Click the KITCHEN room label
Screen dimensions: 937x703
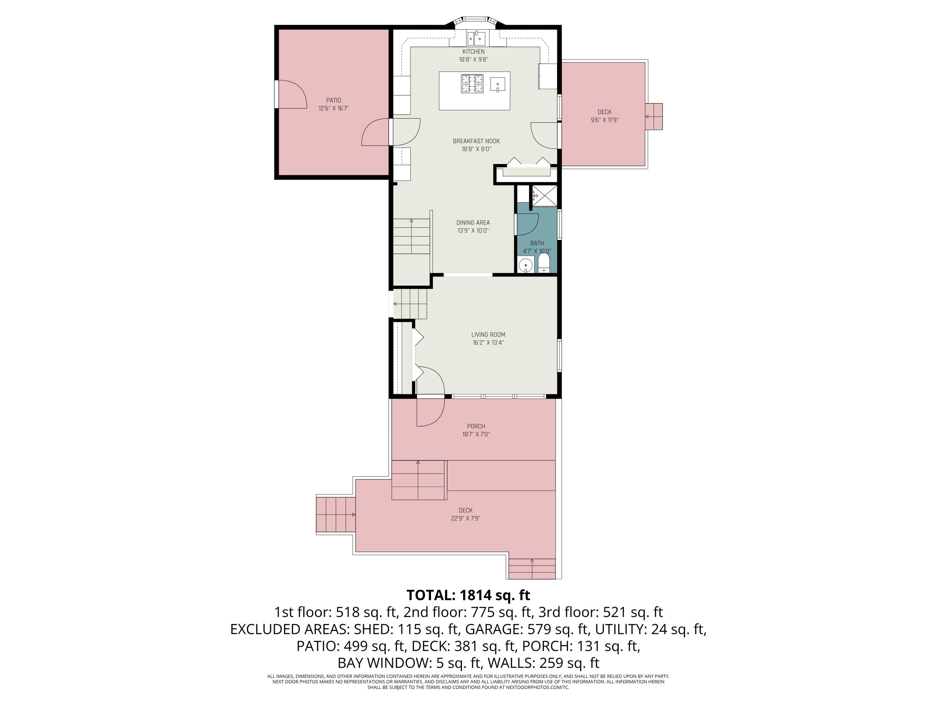(473, 52)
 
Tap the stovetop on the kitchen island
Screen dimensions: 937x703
(472, 83)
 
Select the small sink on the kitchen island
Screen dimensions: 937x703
(498, 84)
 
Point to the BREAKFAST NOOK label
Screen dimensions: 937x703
(476, 141)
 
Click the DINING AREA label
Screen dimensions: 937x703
(473, 222)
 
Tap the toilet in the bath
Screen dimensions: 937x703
(544, 263)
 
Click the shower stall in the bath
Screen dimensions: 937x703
(544, 196)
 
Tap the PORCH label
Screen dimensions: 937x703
(476, 426)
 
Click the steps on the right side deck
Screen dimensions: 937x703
(654, 117)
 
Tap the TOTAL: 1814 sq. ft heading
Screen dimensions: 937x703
(468, 596)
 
